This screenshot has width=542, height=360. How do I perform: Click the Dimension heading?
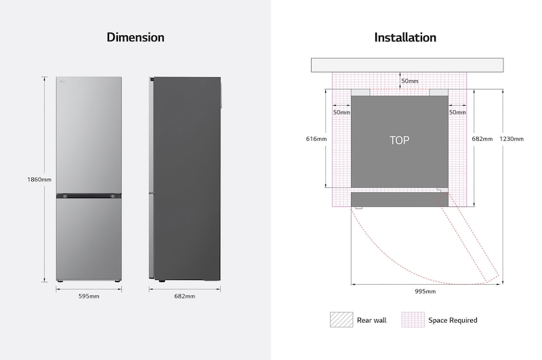(x=135, y=37)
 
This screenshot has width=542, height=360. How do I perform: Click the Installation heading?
(x=405, y=37)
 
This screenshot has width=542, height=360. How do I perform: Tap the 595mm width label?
(x=89, y=296)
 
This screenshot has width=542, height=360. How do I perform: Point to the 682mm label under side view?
(x=184, y=296)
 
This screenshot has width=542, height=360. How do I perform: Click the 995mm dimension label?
(x=425, y=292)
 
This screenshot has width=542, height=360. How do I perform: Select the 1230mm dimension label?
(x=512, y=139)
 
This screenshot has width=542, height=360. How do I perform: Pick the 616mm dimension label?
(x=316, y=139)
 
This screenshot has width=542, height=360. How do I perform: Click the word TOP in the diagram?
(x=399, y=140)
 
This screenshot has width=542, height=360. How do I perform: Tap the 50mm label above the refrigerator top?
(x=409, y=81)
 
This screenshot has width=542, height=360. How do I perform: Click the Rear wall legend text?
(x=371, y=320)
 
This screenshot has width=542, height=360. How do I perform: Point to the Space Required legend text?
(x=453, y=320)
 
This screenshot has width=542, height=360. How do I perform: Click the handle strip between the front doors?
(x=89, y=196)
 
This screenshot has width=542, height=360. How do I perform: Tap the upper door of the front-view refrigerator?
(x=89, y=136)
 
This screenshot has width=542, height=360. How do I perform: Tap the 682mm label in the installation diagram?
(x=482, y=139)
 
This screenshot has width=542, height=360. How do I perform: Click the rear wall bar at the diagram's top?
(x=407, y=65)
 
